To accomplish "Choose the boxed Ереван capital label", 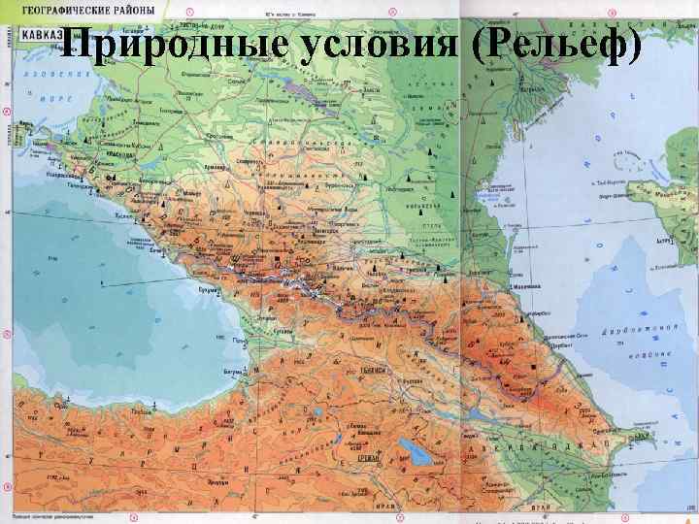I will point(369,457).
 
